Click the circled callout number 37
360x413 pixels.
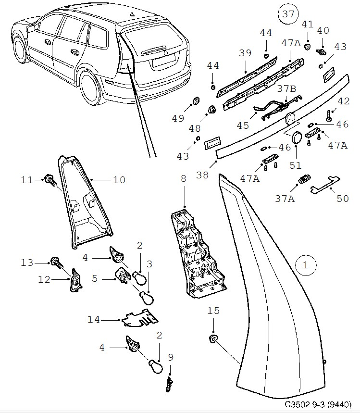pos(287,14)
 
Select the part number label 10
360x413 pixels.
pos(119,180)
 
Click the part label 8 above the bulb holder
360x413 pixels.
pos(183,178)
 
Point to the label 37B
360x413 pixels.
pos(286,89)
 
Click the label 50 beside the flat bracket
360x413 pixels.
pos(342,198)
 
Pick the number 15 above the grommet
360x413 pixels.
pos(213,311)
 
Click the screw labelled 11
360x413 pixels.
pos(49,180)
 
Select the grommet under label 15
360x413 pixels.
pos(212,340)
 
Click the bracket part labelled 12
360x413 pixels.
pos(75,279)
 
